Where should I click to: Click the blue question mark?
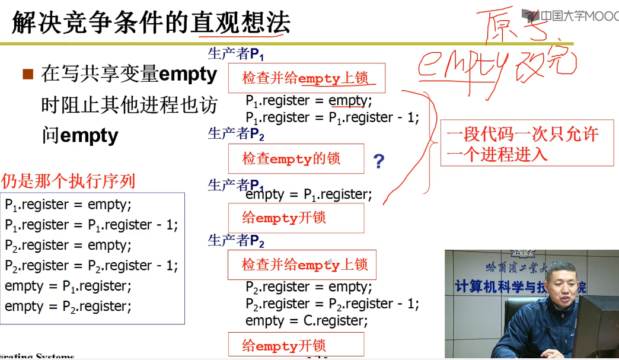click(x=379, y=161)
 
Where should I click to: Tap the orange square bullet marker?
click(x=27, y=75)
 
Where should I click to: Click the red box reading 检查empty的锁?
click(x=296, y=159)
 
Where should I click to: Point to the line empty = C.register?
click(x=307, y=321)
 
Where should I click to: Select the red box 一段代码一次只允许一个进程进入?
click(x=527, y=143)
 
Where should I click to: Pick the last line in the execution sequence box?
click(x=68, y=306)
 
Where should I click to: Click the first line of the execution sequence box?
click(x=68, y=205)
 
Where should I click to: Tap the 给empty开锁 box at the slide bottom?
click(x=296, y=345)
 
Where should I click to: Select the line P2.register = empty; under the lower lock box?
click(x=309, y=287)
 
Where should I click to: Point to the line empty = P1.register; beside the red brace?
click(x=309, y=194)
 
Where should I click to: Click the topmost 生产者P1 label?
click(x=236, y=55)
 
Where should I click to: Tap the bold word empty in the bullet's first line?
click(x=189, y=75)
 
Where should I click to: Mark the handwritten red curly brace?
click(x=426, y=142)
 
